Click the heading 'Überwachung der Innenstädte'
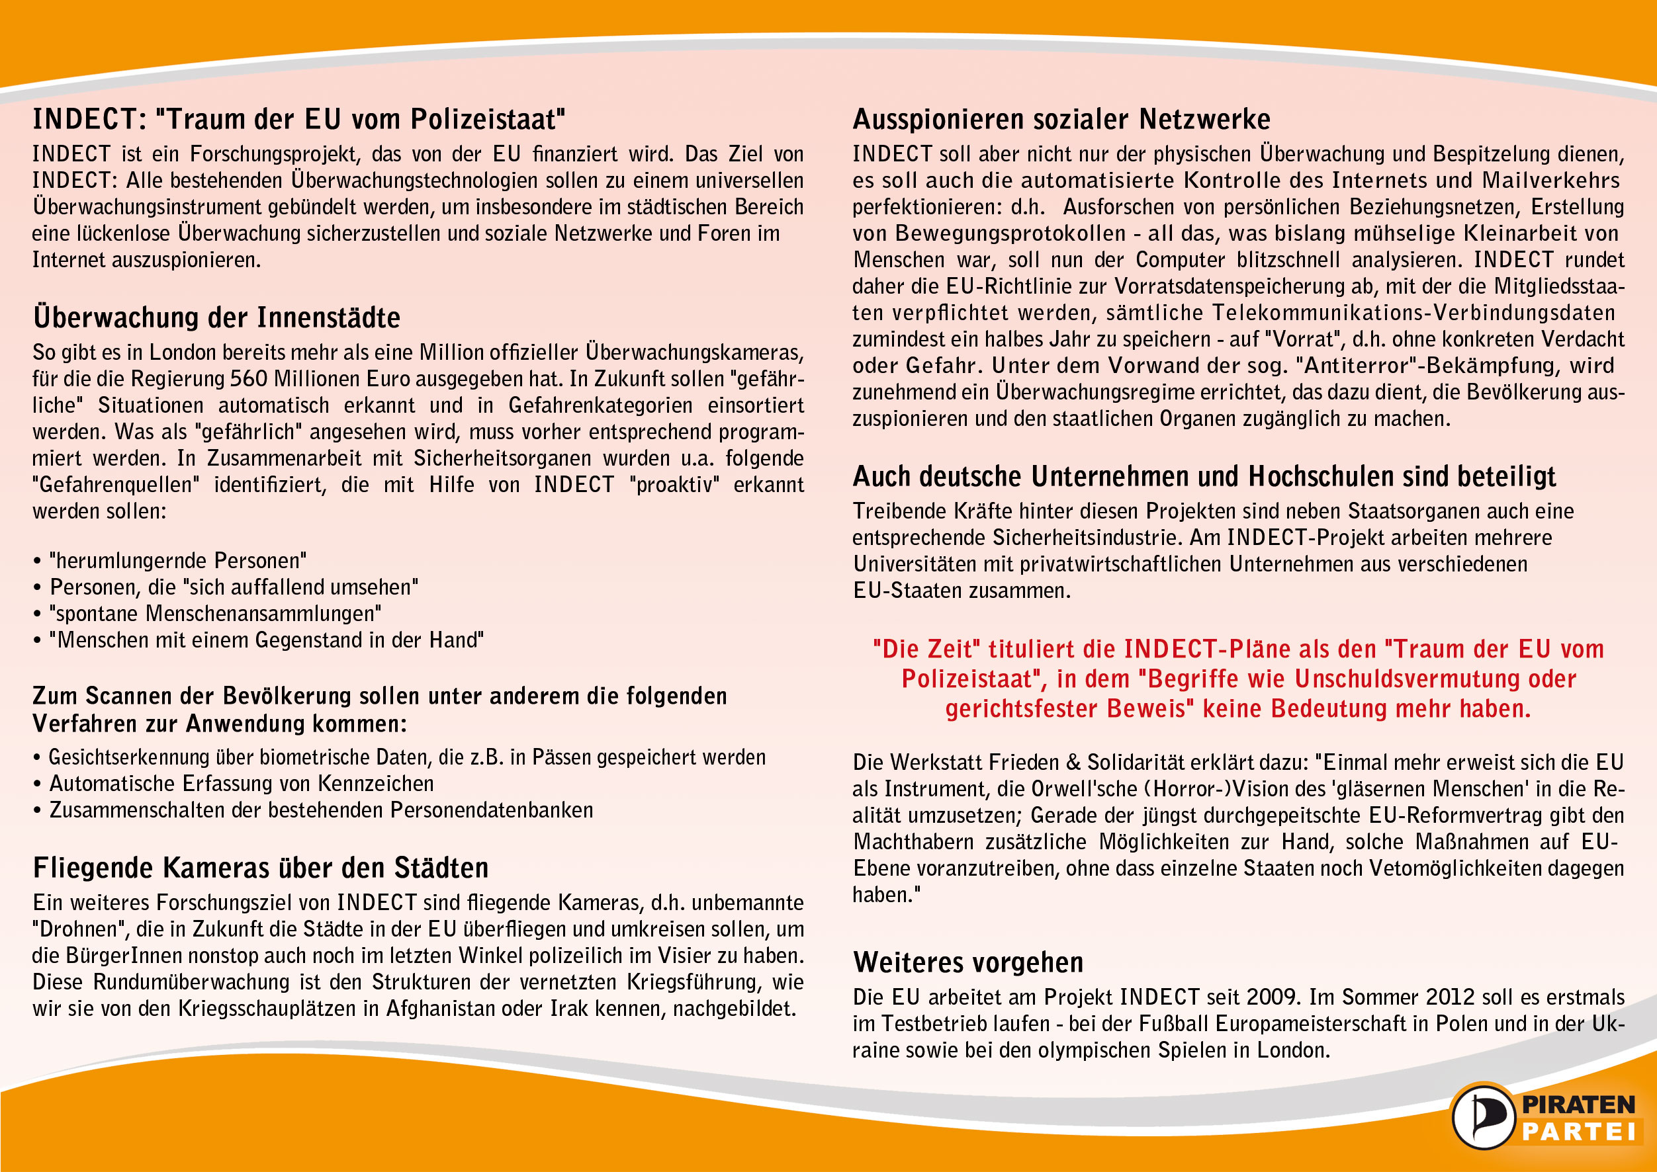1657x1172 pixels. pyautogui.click(x=216, y=317)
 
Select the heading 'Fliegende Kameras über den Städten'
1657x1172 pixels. pyautogui.click(x=261, y=868)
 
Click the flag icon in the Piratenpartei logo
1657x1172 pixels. pyautogui.click(x=1482, y=1117)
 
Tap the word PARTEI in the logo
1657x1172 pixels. pyautogui.click(x=1578, y=1132)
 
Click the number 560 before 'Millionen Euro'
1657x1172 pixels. pyautogui.click(x=248, y=379)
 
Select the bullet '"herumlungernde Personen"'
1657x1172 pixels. pyautogui.click(x=177, y=561)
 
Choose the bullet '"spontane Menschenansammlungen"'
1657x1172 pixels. pyautogui.click(x=215, y=613)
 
